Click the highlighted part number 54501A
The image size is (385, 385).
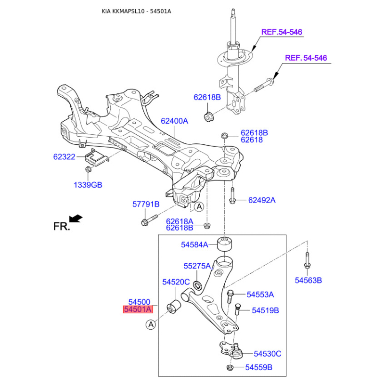[138, 309]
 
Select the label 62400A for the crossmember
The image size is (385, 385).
[174, 121]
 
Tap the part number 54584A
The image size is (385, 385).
[194, 244]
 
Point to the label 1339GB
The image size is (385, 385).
[88, 185]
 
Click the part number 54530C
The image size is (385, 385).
[268, 354]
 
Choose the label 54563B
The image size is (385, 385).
[308, 281]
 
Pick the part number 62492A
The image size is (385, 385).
[262, 200]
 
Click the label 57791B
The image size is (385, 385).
[146, 204]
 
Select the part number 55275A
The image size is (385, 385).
[197, 266]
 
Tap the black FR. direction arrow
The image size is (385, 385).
[76, 218]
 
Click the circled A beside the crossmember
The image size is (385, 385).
[199, 207]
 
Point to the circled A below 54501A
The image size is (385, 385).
[151, 324]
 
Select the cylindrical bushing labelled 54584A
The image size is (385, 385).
[225, 244]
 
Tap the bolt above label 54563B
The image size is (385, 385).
[307, 261]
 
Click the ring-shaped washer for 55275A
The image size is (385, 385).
[197, 285]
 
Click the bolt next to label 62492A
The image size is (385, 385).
[232, 196]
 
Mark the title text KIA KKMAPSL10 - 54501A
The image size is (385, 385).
[136, 11]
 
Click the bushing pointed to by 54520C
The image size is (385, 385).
[174, 307]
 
